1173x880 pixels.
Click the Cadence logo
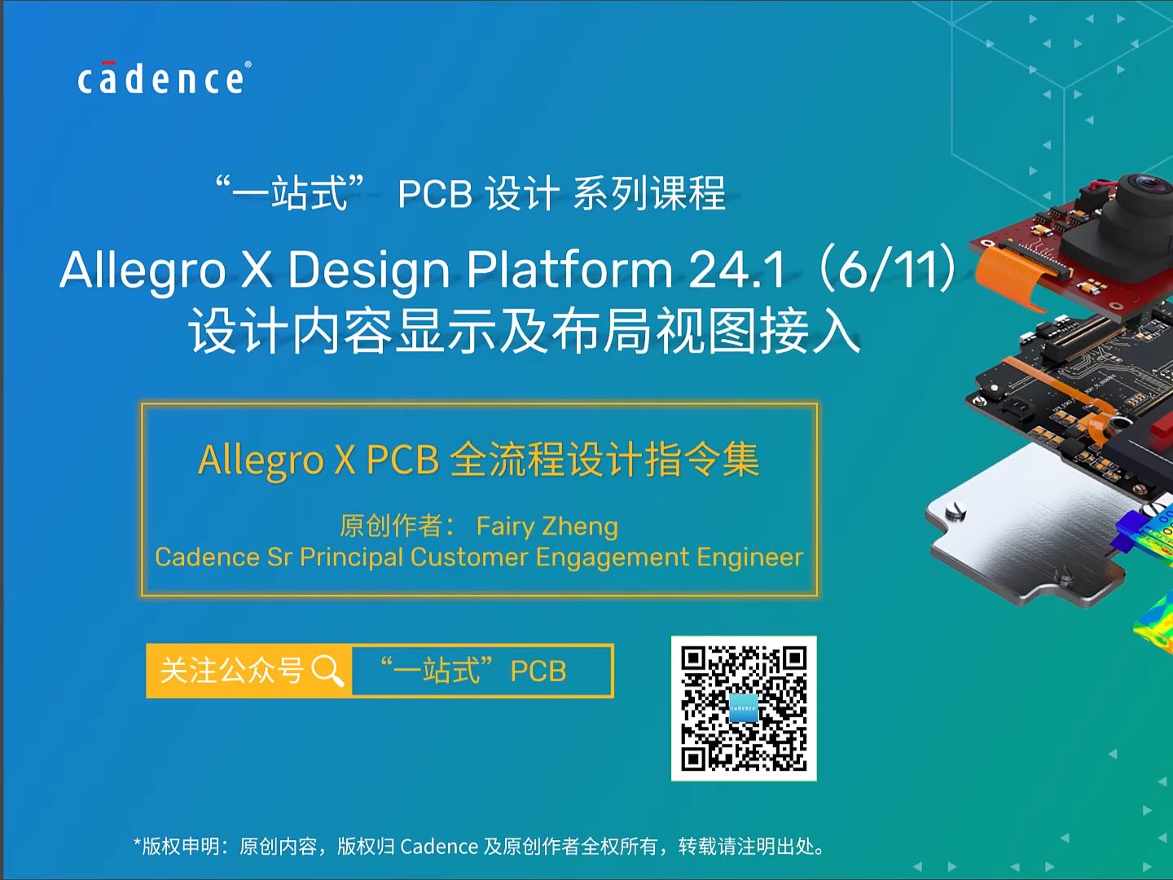164,79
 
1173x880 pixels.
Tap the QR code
744,708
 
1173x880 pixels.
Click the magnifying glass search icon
327,671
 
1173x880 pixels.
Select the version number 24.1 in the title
738,270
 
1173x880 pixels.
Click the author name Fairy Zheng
547,526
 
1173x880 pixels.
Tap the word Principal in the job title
351,557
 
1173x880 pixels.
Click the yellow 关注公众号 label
232,671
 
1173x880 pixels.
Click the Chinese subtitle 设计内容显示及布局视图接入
525,332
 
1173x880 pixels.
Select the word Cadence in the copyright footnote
439,847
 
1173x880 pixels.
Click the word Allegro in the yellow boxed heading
261,460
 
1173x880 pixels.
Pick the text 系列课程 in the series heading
649,194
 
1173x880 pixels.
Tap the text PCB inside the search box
538,671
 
